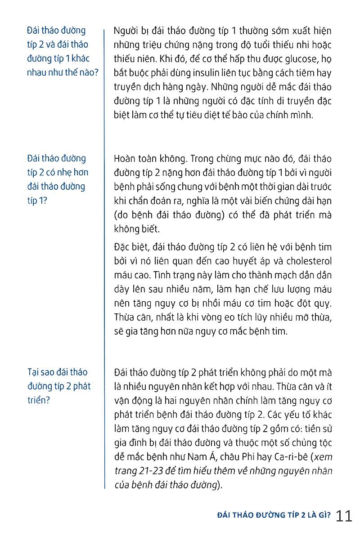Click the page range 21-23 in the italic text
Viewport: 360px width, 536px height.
pyautogui.click(x=150, y=471)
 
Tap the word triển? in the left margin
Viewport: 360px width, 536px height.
pyautogui.click(x=39, y=400)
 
